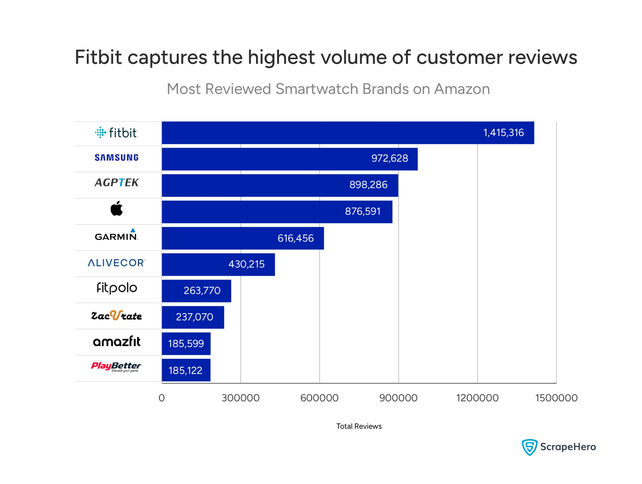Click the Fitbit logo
(x=116, y=133)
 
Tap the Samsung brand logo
(x=116, y=158)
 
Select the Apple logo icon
(x=117, y=209)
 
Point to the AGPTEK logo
(x=116, y=183)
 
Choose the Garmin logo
(x=116, y=235)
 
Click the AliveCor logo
(x=116, y=263)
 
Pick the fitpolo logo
(x=117, y=288)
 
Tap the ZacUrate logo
(x=116, y=316)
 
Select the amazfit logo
(x=116, y=342)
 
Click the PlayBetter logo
(x=116, y=367)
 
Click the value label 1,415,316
(x=504, y=133)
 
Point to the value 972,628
(x=390, y=158)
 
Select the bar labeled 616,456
(x=243, y=238)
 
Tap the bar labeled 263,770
(x=197, y=291)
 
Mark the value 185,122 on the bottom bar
(x=186, y=371)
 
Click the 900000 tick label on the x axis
(x=398, y=398)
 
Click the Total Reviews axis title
(x=359, y=426)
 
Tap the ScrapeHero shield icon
(x=529, y=447)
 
